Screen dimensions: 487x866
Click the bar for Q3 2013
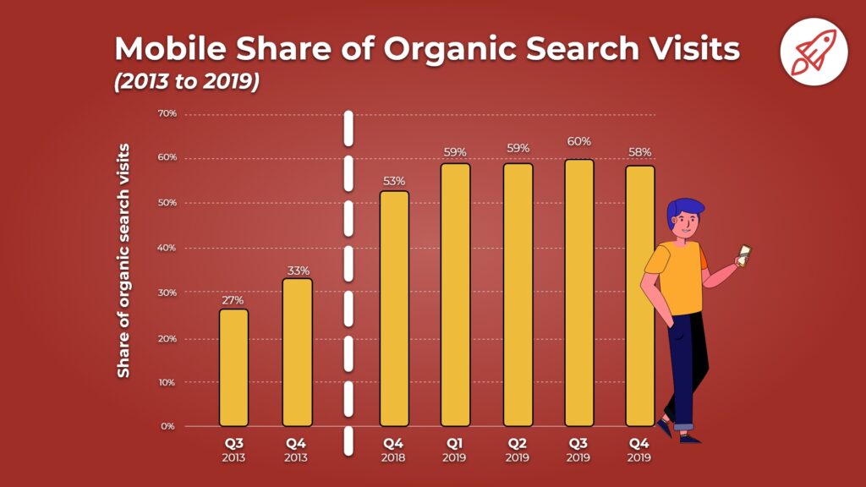[x=233, y=368]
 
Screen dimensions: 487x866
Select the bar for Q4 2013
[x=297, y=353]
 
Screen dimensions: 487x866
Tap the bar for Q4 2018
[x=394, y=309]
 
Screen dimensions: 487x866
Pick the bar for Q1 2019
[x=456, y=295]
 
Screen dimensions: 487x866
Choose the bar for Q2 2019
[x=518, y=295]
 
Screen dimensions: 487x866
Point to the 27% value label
[x=233, y=300]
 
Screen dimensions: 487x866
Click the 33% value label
[x=297, y=271]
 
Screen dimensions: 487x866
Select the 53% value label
[x=394, y=181]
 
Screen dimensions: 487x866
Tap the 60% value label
[x=579, y=141]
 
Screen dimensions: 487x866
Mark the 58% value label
[x=640, y=152]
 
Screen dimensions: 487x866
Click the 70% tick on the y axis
[x=167, y=113]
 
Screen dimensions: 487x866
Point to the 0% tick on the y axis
[x=168, y=426]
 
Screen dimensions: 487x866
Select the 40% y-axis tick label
[x=167, y=248]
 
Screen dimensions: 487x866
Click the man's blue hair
[x=685, y=207]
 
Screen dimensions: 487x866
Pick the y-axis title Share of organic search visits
[x=123, y=260]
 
